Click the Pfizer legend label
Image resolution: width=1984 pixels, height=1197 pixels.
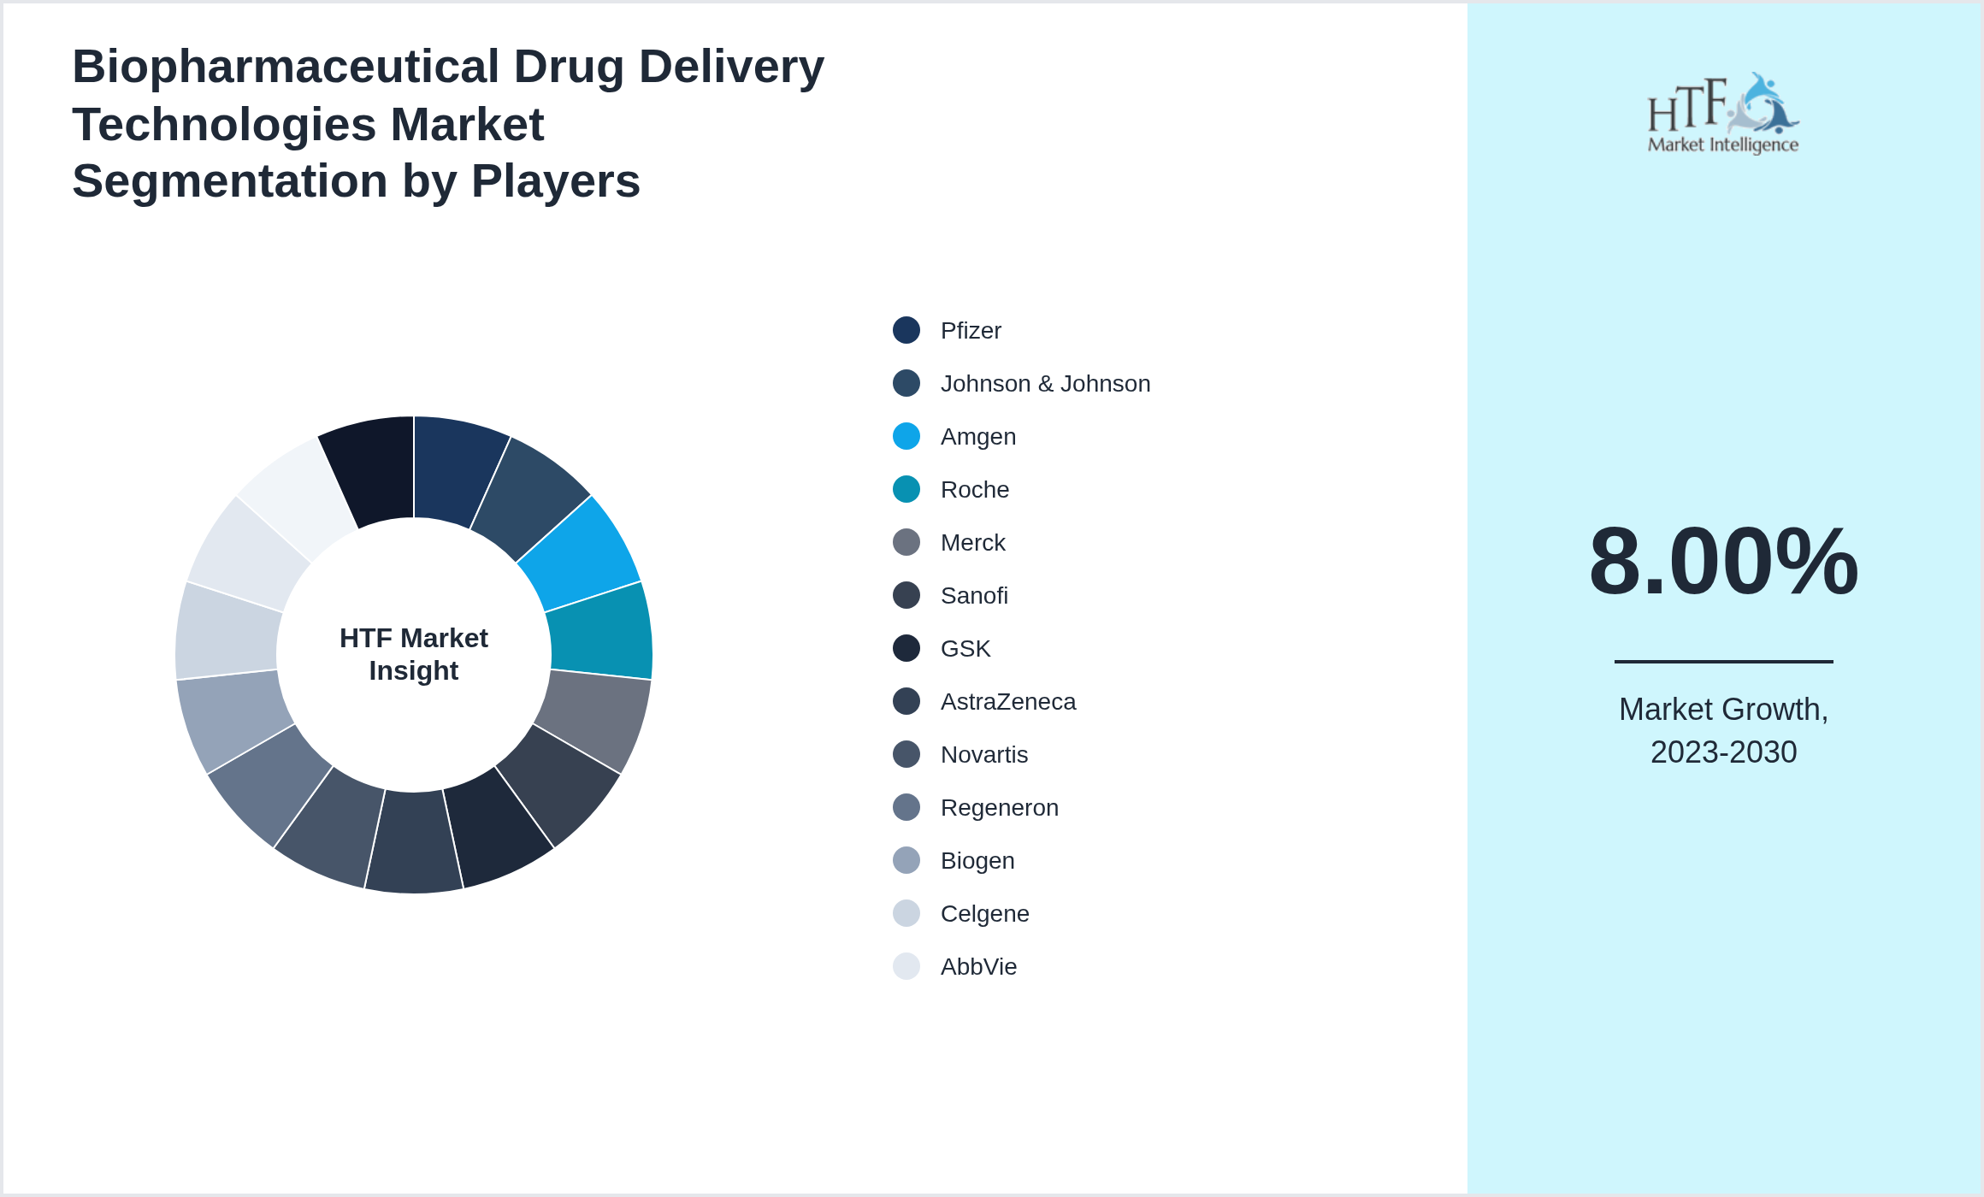pyautogui.click(x=970, y=331)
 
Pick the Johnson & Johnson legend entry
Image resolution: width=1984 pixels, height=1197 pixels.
pyautogui.click(x=1044, y=384)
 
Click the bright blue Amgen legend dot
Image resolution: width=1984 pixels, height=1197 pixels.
pyautogui.click(x=906, y=436)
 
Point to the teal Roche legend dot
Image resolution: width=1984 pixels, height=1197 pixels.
pyautogui.click(x=906, y=489)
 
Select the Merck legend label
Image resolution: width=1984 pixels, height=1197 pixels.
pyautogui.click(x=972, y=543)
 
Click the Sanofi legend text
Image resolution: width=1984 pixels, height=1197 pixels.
pyautogui.click(x=973, y=596)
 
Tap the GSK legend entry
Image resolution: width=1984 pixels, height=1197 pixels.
pyautogui.click(x=965, y=649)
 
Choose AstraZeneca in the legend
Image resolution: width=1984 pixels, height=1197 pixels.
pyautogui.click(x=1007, y=702)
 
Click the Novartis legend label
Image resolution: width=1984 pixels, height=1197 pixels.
pyautogui.click(x=983, y=755)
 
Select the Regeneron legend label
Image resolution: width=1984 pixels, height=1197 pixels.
pyautogui.click(x=999, y=808)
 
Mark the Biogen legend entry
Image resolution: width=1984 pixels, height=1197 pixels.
pyautogui.click(x=977, y=861)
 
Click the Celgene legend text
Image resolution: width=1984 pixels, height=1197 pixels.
pyautogui.click(x=984, y=914)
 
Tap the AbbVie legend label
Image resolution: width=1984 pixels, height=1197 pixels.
pyautogui.click(x=978, y=967)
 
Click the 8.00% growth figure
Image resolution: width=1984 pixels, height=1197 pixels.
pyautogui.click(x=1723, y=562)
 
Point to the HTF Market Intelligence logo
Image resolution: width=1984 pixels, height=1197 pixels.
pyautogui.click(x=1723, y=113)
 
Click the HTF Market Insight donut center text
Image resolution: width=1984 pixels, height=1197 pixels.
pyautogui.click(x=414, y=654)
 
